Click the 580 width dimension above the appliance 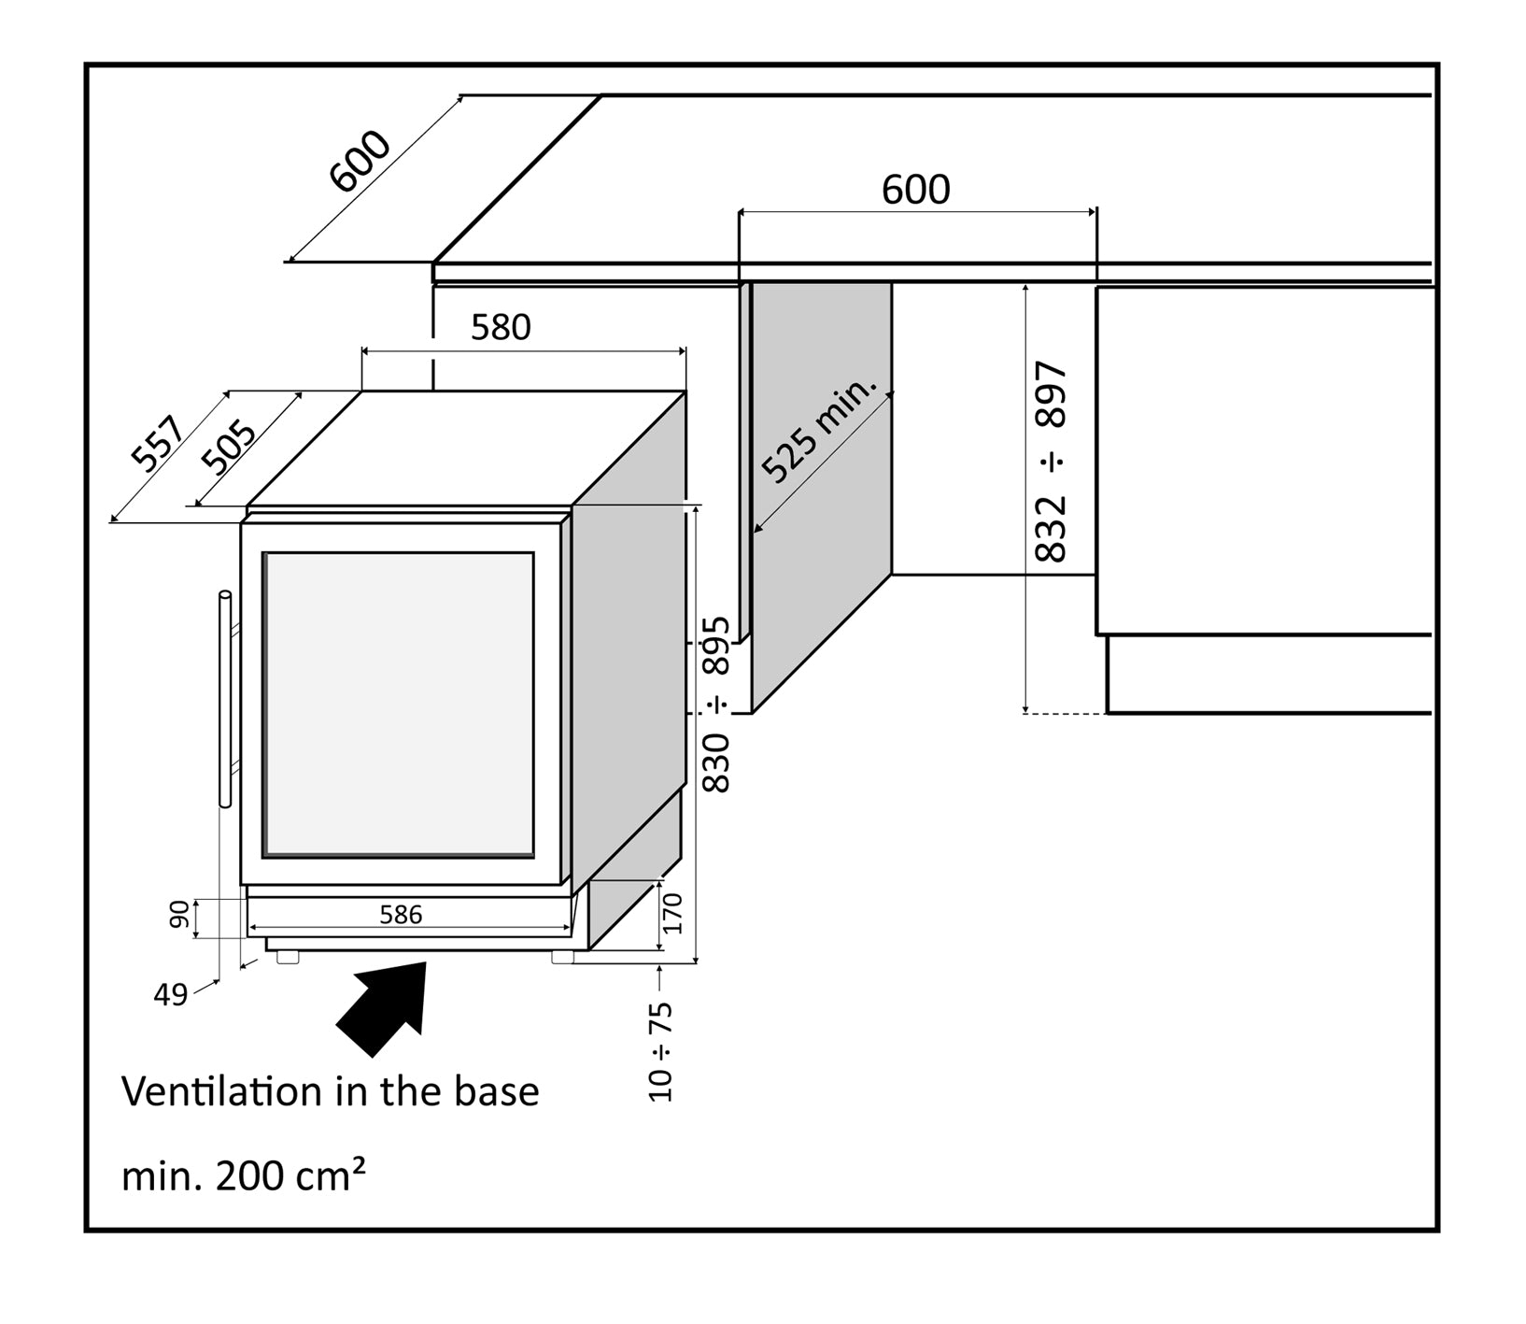coord(501,327)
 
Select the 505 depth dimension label coord(229,448)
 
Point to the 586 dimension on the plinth coord(401,915)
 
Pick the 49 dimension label coord(170,995)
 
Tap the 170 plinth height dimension coord(673,913)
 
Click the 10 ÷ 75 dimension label coord(660,1051)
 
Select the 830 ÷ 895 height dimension coord(716,705)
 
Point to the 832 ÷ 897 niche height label coord(1052,462)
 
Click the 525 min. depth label coord(819,431)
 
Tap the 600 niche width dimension coord(916,190)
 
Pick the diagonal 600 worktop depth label coord(360,162)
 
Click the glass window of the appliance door coord(399,704)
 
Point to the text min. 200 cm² coord(243,1175)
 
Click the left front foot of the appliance coord(288,957)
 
